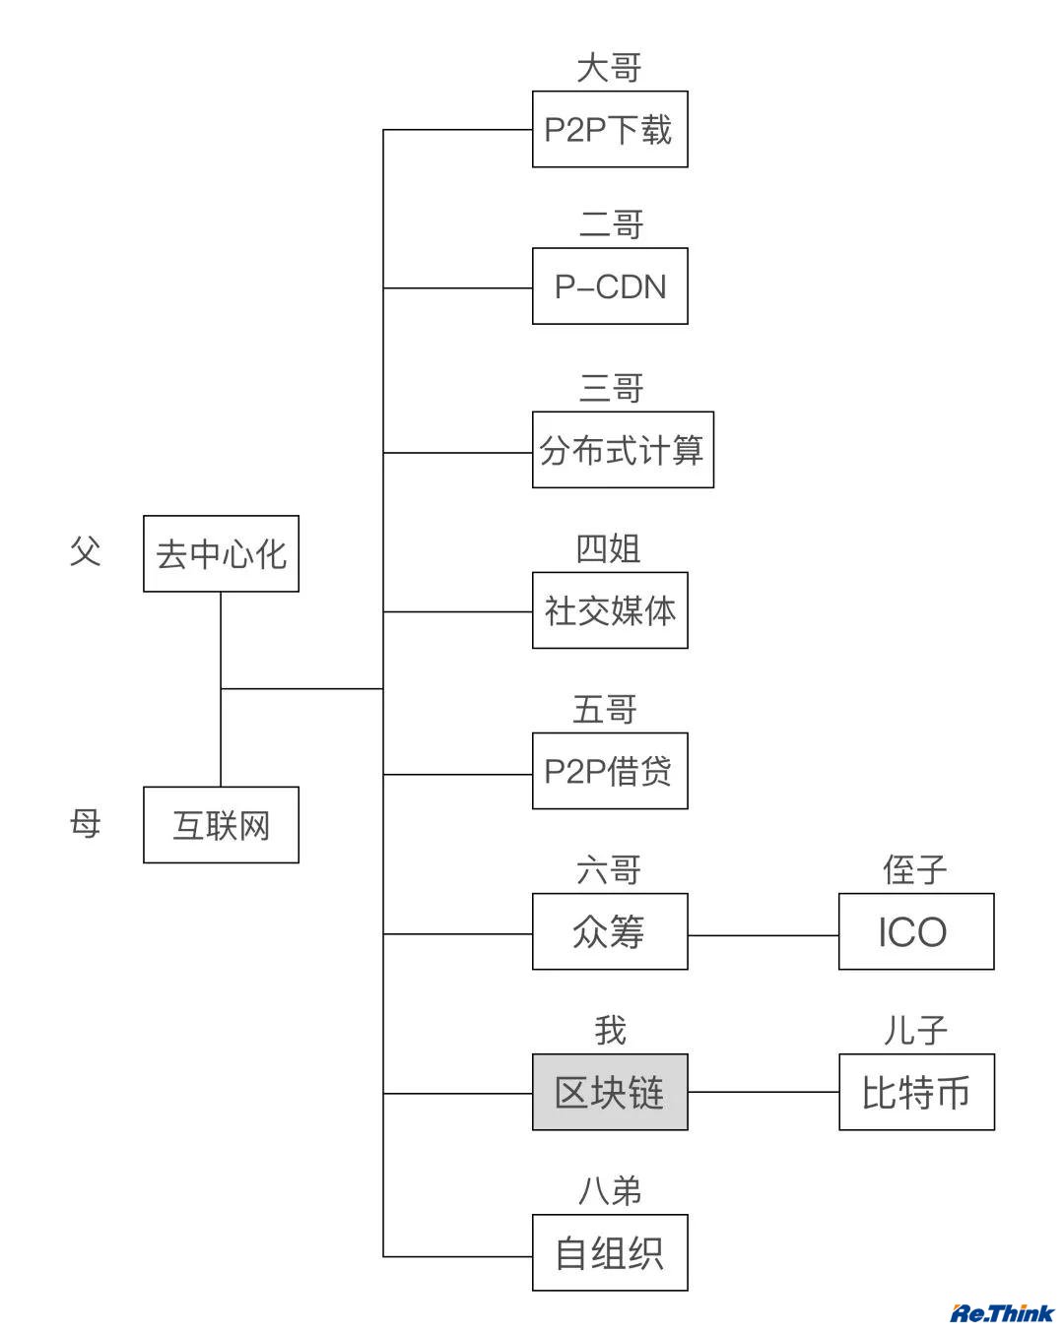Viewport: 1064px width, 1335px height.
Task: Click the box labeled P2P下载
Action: click(610, 129)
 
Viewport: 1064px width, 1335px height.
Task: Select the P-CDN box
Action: click(610, 286)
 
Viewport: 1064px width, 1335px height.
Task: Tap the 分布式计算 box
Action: click(623, 450)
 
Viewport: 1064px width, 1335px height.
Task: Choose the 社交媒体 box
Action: click(610, 610)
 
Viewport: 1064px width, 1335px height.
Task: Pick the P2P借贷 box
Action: click(610, 771)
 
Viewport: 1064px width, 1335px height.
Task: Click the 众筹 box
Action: click(610, 931)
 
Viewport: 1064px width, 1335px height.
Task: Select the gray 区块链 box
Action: click(610, 1092)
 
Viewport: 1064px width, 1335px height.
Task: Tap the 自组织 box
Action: click(610, 1252)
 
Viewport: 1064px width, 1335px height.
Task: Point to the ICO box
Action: click(916, 931)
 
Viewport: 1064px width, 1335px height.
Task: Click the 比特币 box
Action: click(916, 1092)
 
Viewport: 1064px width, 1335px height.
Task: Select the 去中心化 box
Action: click(221, 553)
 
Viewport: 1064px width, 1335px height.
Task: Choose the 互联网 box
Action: click(221, 825)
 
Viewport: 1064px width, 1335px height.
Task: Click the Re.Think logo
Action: click(1001, 1312)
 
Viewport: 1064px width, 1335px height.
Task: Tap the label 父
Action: click(86, 551)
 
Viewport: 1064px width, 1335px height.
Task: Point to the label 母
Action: click(86, 823)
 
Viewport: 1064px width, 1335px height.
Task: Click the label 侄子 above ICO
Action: click(914, 870)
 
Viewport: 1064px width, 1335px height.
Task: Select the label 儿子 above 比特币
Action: click(914, 1031)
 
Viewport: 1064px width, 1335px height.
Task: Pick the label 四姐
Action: click(609, 549)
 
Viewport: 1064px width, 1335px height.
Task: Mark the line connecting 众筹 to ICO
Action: click(764, 935)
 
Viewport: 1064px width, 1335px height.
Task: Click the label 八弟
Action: click(610, 1191)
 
